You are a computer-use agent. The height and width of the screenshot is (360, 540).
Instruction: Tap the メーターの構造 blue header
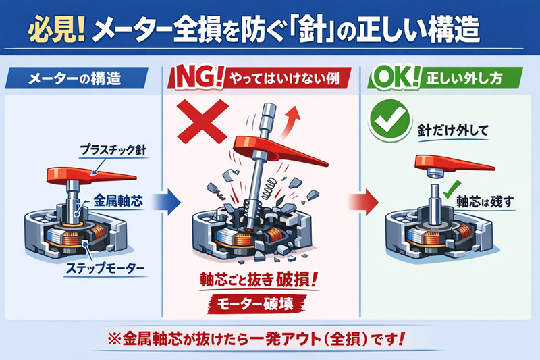76,78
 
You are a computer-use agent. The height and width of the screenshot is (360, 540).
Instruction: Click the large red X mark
202,122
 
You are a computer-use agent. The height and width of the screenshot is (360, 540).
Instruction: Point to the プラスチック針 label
113,150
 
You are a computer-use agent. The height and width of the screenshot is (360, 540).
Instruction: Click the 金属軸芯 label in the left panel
117,201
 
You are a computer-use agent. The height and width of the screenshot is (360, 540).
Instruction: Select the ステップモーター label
105,268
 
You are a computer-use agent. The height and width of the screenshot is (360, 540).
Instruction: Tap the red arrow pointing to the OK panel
364,202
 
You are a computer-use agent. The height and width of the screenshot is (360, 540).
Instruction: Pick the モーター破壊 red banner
256,304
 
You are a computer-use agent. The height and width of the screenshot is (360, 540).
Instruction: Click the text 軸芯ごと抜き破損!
259,280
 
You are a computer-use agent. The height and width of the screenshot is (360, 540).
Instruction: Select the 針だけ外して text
453,130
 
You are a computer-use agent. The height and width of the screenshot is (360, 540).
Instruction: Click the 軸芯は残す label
485,201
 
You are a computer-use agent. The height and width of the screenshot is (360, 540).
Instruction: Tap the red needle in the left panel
91,175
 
